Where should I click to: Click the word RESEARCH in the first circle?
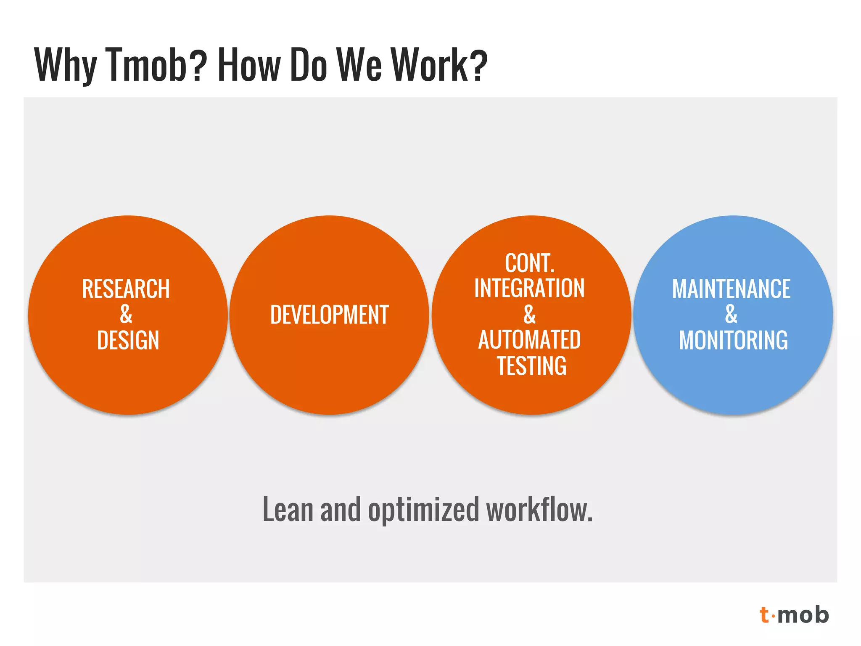[126, 289]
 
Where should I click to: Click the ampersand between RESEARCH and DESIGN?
[126, 314]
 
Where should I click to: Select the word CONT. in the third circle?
[529, 263]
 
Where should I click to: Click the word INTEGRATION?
[529, 289]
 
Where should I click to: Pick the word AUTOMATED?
[529, 340]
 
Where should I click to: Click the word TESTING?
[531, 365]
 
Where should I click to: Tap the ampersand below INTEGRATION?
[529, 314]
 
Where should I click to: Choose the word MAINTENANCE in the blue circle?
[731, 289]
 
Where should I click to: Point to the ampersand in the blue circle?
[731, 314]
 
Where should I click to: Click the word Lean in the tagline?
[288, 509]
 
